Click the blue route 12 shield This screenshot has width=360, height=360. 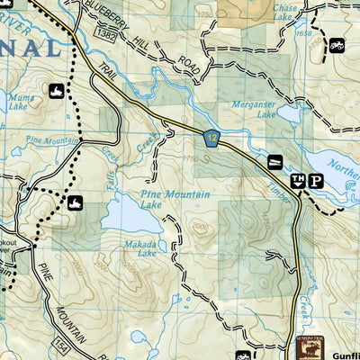210,137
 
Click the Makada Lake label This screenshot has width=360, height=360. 141,248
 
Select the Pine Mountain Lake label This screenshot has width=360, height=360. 175,199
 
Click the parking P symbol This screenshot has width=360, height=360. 315,180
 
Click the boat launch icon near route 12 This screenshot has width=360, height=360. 274,162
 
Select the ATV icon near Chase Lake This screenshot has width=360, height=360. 337,45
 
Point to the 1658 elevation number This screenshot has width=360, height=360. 304,31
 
